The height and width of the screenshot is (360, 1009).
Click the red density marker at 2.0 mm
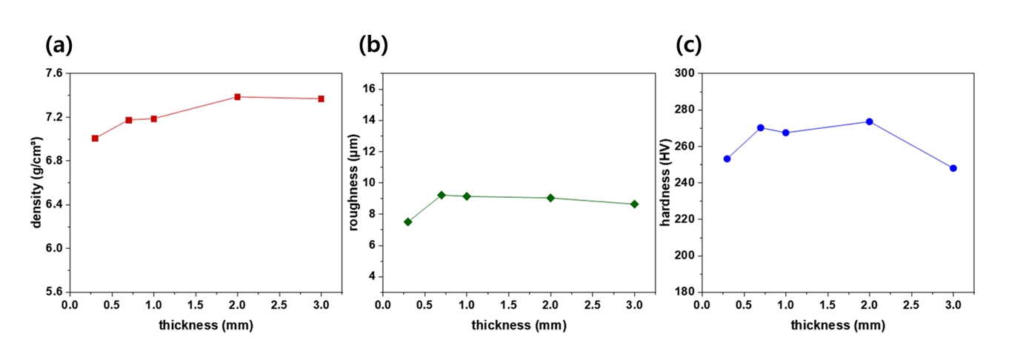pyautogui.click(x=238, y=97)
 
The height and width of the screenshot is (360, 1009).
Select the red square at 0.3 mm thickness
pyautogui.click(x=95, y=139)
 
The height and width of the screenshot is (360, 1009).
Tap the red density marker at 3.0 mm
pyautogui.click(x=322, y=99)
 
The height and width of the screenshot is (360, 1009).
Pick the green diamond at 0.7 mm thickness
pyautogui.click(x=442, y=195)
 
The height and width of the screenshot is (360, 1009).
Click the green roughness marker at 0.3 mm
pyautogui.click(x=407, y=221)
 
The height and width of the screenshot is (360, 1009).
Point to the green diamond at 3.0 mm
pyautogui.click(x=634, y=204)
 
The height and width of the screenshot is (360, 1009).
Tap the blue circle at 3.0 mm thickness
pyautogui.click(x=953, y=168)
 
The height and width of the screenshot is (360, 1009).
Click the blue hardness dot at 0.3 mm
pyautogui.click(x=727, y=159)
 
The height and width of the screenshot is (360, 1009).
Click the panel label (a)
pyautogui.click(x=59, y=46)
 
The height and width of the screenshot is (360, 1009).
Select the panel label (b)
pyautogui.click(x=373, y=46)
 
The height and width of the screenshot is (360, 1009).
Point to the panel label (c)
pyautogui.click(x=689, y=46)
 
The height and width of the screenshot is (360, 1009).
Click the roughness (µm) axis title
pyautogui.click(x=353, y=182)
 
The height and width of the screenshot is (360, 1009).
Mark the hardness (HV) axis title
pyautogui.click(x=670, y=182)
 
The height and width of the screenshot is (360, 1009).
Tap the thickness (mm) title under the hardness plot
pyautogui.click(x=837, y=325)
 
